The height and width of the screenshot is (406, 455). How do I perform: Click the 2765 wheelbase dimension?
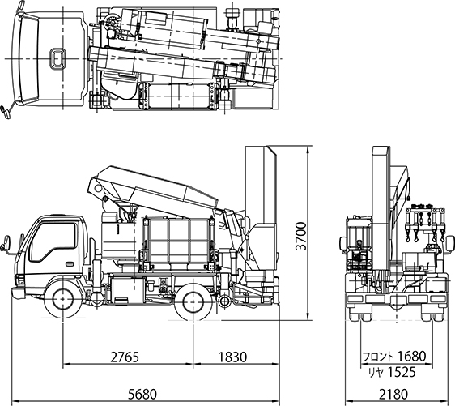[x=125, y=357]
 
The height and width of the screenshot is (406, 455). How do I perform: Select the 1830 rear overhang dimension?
[x=232, y=357]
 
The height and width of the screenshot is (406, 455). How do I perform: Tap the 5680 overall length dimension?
[x=142, y=394]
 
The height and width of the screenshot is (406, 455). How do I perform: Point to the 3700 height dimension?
[x=300, y=236]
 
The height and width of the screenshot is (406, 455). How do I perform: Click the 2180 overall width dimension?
[x=393, y=394]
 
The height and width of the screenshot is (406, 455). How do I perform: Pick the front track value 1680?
[x=411, y=356]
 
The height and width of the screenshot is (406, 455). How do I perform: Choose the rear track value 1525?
[x=402, y=372]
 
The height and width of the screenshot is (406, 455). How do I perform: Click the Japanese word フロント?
[x=379, y=356]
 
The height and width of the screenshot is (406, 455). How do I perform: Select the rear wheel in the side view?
[x=193, y=302]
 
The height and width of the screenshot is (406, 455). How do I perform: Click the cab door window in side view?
[x=53, y=241]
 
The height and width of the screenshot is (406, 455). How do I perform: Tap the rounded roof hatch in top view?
[x=57, y=58]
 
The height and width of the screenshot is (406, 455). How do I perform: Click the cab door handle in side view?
[x=70, y=264]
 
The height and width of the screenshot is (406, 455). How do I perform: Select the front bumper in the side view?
[x=18, y=293]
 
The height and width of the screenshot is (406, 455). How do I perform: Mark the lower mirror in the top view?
[x=5, y=112]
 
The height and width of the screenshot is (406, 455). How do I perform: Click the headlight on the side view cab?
[x=20, y=280]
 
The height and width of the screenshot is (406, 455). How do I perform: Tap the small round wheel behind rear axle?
[x=223, y=301]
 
